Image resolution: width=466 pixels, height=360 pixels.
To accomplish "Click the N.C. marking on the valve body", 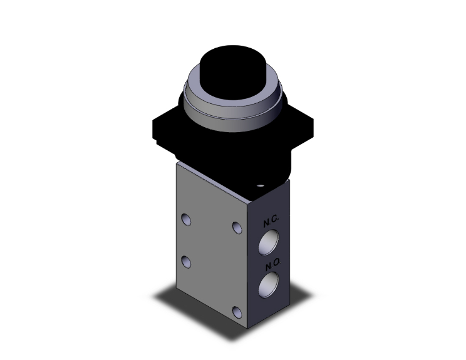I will [271, 222].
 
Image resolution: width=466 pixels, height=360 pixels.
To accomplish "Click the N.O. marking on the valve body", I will [271, 266].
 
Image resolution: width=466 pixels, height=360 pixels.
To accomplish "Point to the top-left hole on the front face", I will [185, 219].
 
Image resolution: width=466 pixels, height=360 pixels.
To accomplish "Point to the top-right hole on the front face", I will [236, 227].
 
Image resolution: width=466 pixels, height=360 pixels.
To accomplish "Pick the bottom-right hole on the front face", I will [237, 312].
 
